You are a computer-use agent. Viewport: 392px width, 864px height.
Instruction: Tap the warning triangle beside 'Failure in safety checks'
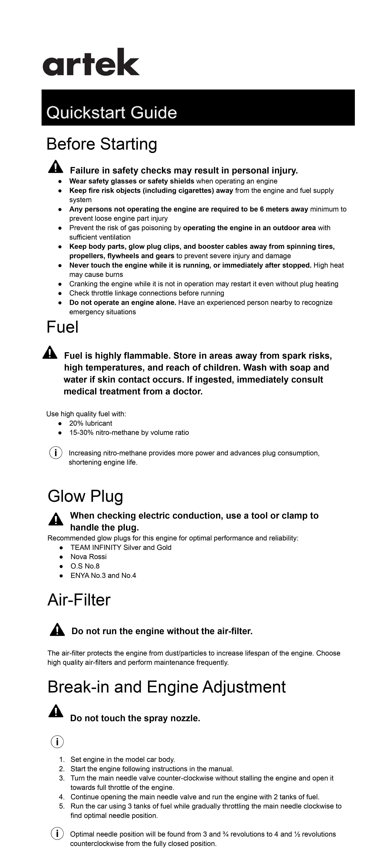55,167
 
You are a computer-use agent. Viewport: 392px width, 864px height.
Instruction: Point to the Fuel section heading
62,327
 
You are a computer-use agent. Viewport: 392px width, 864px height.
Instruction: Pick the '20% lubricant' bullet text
91,423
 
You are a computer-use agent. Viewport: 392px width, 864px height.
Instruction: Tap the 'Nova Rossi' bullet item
89,557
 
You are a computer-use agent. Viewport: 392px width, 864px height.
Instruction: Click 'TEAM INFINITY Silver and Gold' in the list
121,547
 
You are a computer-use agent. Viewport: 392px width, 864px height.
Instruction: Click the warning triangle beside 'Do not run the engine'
57,630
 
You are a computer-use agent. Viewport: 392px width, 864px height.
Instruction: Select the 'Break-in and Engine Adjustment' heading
166,687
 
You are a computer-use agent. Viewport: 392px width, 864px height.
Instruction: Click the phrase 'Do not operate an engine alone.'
123,303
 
